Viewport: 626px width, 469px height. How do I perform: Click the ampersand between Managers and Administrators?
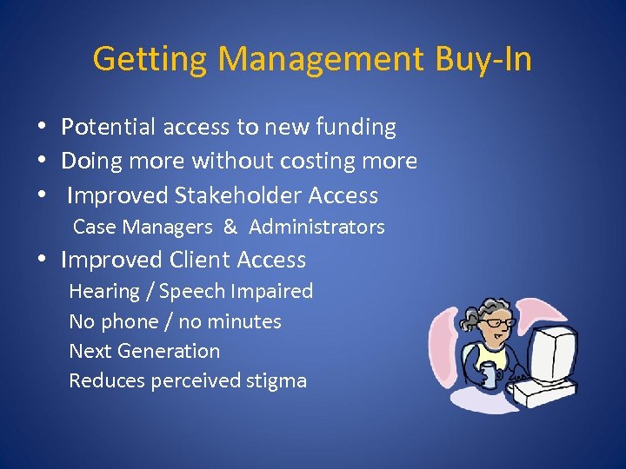(230, 228)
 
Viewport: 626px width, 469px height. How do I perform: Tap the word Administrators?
(316, 228)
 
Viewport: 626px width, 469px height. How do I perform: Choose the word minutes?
(244, 322)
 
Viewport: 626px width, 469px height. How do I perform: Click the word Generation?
(169, 352)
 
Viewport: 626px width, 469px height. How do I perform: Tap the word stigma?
(276, 381)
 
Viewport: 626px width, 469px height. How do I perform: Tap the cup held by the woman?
(488, 376)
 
